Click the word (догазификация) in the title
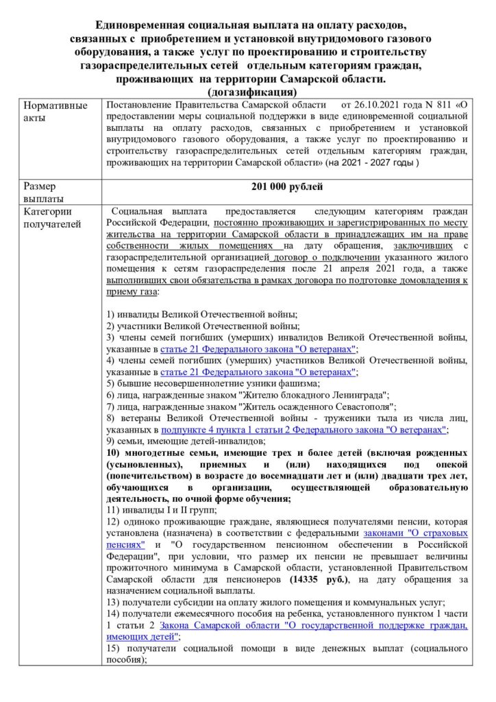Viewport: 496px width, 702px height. click(248, 91)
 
